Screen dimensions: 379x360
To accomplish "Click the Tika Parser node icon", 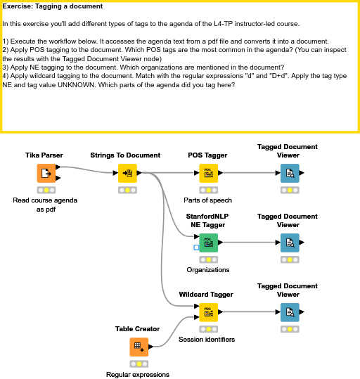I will (46, 173).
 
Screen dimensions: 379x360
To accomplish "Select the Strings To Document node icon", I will (127, 173).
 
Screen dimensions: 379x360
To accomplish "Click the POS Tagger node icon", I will (208, 173).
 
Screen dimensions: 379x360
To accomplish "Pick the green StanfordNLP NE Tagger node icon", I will (208, 243).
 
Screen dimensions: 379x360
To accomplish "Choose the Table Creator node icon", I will (139, 347).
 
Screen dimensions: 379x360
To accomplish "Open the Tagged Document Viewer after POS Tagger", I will (289, 173).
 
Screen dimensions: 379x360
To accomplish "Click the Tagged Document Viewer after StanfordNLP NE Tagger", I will (289, 243).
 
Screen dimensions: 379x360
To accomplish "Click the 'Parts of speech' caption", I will (207, 200).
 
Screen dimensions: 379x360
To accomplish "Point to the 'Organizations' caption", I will (207, 270).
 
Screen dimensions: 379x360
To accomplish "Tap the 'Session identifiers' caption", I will (207, 340).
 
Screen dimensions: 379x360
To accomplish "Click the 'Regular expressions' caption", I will (138, 375).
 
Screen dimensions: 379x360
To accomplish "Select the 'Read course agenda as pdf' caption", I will (46, 205).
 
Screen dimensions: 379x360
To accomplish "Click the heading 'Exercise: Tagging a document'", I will (53, 6).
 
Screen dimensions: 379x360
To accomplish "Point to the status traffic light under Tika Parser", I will (46, 190).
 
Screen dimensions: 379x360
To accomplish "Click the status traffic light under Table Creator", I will (139, 364).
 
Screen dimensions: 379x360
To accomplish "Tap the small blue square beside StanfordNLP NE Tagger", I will (196, 248).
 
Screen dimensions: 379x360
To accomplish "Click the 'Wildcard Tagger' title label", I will (206, 295).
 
